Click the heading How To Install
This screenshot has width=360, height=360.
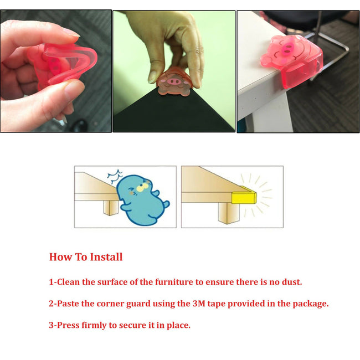[x=86, y=257]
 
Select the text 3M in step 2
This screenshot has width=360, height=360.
[x=200, y=304]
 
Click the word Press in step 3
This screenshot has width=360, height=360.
[x=70, y=325]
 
